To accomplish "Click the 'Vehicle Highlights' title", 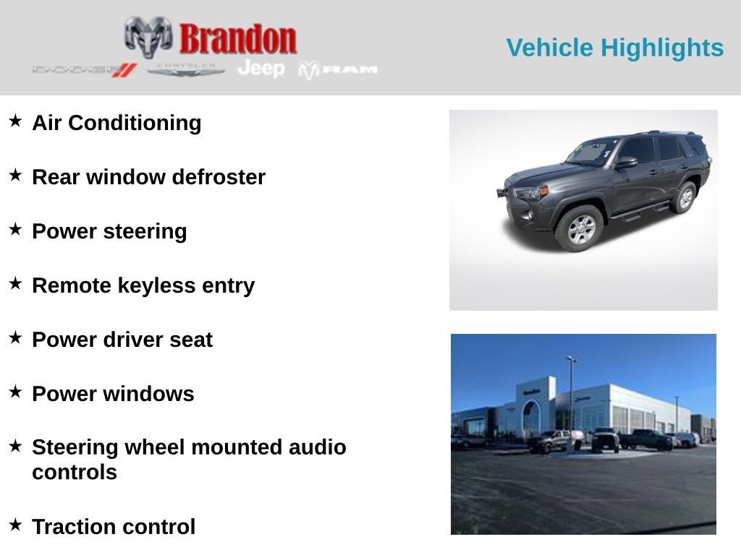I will [614, 48].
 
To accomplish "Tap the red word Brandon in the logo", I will [237, 38].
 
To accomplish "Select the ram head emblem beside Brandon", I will [148, 36].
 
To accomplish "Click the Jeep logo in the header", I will [261, 68].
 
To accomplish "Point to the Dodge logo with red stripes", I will [84, 69].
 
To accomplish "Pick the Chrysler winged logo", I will [186, 69].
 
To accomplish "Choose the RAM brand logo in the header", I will [339, 69].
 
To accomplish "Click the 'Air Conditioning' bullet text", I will [117, 123].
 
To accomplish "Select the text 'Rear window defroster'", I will [148, 177].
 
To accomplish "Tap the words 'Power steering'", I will [109, 231].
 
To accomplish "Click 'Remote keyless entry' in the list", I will [143, 285].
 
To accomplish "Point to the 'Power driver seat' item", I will [122, 340].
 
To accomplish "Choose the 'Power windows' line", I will [113, 394].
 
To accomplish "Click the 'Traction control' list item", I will [114, 527].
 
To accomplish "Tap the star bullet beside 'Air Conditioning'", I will [15, 121].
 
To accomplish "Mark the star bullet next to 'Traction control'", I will [15, 524].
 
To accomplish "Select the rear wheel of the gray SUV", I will [683, 197].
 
